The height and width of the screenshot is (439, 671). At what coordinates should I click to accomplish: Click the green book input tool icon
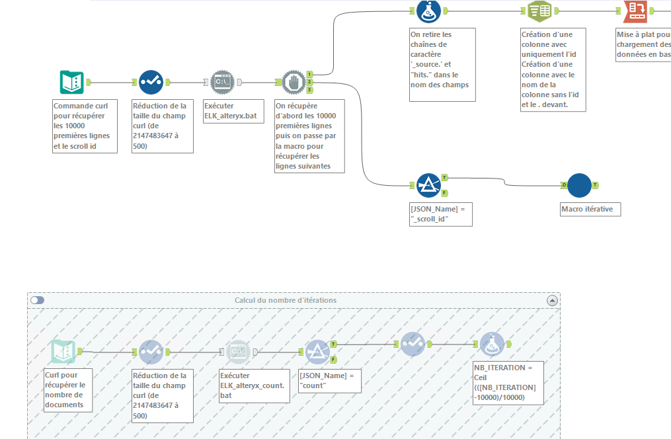71,82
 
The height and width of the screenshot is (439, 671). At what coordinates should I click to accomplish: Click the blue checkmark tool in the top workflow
151,82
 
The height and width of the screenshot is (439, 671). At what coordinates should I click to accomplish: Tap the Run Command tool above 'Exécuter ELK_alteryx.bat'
223,82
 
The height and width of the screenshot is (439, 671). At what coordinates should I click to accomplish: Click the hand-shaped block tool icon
294,82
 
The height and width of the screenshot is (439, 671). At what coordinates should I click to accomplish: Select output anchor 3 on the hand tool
309,90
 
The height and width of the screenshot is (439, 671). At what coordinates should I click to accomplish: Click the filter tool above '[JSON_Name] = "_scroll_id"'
428,186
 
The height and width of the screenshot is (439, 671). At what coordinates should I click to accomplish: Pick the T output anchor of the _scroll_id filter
445,178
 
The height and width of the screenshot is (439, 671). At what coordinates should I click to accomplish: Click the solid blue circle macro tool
579,186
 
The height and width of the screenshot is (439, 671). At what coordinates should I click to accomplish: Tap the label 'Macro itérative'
587,210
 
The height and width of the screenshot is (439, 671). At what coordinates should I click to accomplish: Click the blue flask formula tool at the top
428,11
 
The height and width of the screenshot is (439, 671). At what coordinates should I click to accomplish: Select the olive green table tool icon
540,11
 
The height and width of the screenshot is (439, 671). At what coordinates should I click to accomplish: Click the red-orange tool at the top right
635,11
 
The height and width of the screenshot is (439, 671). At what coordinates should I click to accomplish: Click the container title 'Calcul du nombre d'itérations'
286,300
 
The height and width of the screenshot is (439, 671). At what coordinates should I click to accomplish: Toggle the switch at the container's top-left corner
38,300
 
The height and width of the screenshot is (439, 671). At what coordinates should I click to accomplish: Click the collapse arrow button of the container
552,300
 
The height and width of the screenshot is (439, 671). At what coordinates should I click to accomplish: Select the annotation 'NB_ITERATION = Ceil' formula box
508,382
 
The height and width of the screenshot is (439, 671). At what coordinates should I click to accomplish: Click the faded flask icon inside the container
492,344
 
